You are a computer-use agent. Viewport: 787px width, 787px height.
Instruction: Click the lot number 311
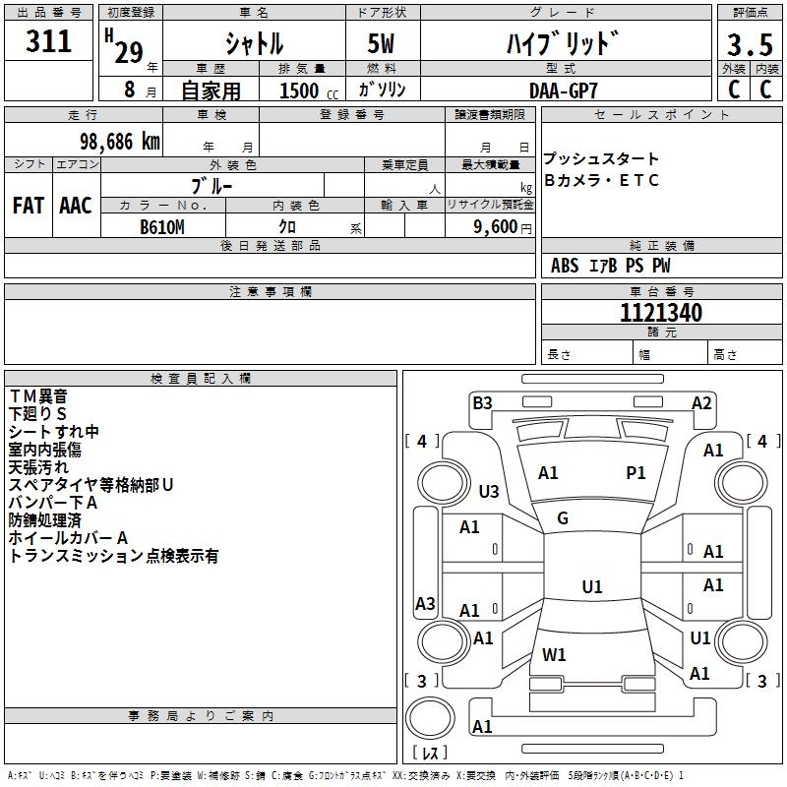coord(49,42)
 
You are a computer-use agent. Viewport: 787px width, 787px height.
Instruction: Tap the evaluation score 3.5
coord(749,46)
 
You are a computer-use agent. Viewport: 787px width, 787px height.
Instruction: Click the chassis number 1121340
coord(661,314)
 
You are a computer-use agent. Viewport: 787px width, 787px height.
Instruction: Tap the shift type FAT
coord(29,206)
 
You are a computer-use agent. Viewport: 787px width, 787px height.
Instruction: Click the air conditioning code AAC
coord(76,206)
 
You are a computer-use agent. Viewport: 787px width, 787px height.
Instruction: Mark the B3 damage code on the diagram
coord(482,402)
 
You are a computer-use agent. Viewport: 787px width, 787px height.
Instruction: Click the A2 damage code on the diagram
coord(701,402)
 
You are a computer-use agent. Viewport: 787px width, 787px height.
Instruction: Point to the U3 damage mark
coord(489,491)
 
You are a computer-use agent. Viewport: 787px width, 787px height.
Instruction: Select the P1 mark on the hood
coord(636,473)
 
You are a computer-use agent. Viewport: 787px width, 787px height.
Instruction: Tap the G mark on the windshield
coord(563,518)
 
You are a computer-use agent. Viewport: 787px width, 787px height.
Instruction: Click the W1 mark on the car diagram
coord(554,654)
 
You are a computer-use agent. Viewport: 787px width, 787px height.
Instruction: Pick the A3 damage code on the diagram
coord(425,604)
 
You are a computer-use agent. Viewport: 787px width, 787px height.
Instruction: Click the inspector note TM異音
coord(38,396)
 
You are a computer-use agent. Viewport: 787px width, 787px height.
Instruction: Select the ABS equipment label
coord(565,266)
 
